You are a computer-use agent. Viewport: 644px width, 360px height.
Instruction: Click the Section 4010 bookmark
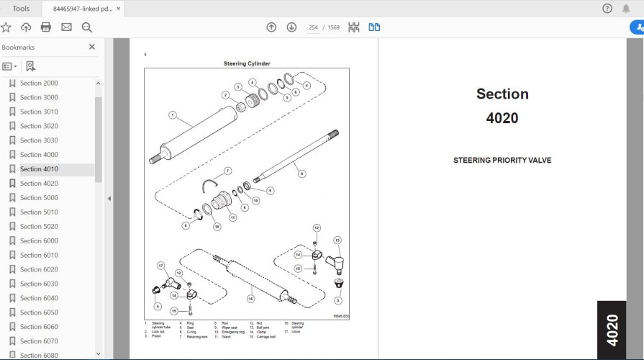39,169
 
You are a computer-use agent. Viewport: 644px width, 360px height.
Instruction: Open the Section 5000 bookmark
39,198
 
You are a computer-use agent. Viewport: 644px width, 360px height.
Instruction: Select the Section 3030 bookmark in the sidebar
39,140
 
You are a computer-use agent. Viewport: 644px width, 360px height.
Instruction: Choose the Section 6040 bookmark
39,298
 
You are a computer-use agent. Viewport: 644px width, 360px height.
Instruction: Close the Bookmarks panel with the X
91,47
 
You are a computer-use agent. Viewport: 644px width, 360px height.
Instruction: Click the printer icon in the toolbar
46,27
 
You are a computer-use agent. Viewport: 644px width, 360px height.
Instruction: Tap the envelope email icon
66,27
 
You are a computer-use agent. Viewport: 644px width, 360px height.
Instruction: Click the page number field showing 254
313,27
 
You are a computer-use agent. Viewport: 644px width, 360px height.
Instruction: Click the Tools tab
22,9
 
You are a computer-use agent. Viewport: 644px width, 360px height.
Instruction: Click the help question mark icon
607,9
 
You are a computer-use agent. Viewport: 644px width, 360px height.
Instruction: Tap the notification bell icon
626,9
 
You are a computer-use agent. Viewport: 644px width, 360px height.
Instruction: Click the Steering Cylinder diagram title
247,63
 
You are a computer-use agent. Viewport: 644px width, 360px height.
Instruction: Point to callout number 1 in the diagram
173,114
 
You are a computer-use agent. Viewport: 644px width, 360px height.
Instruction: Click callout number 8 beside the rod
301,174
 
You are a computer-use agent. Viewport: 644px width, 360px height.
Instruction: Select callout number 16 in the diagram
250,297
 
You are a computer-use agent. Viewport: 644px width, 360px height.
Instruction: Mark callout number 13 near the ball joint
337,240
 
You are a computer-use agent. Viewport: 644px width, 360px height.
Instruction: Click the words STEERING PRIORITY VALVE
502,161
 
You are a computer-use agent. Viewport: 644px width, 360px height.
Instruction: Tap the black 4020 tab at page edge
611,330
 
